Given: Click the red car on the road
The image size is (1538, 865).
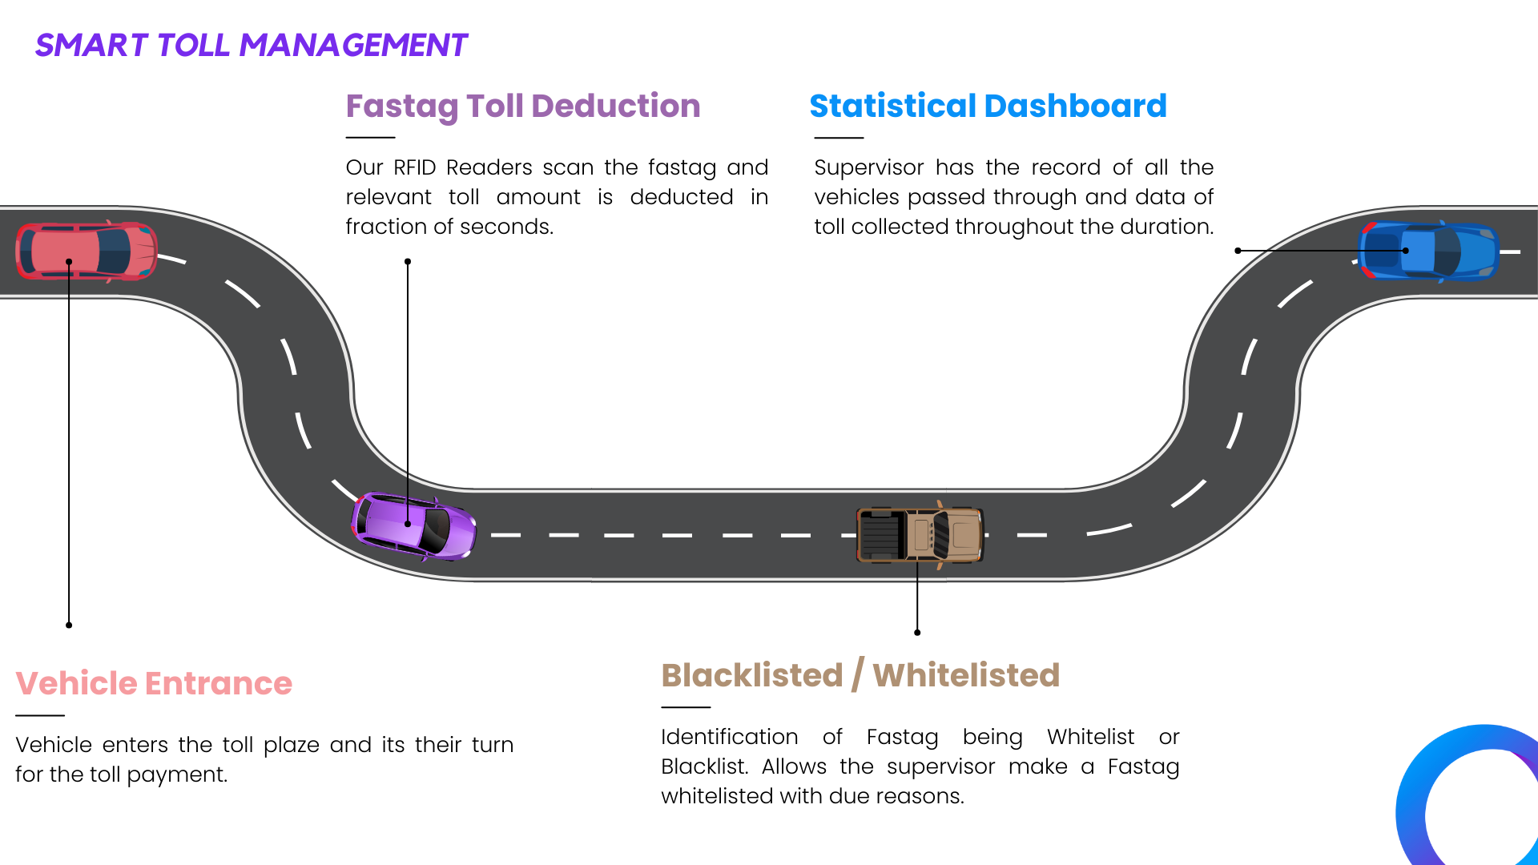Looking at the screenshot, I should pos(87,251).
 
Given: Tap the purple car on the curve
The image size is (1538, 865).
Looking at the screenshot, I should pos(414,526).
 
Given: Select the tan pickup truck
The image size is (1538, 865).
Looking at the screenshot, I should pos(920,534).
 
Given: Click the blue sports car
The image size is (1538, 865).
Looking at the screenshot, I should pos(1428,251).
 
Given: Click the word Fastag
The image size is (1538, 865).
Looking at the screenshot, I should pos(401,107).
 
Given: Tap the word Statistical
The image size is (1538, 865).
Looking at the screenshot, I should pos(892,107).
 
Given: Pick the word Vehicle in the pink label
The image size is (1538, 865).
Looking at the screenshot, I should pos(77,683).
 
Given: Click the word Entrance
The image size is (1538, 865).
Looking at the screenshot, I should pos(218,683).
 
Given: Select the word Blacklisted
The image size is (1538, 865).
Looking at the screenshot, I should pos(751,675).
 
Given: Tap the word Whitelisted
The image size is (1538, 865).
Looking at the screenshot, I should pos(965,675).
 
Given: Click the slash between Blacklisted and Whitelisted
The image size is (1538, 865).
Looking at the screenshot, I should pos(857,675).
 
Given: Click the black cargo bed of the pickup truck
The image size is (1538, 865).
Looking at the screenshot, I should pos(880,534).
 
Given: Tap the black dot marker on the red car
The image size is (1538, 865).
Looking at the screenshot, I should pos(69,262).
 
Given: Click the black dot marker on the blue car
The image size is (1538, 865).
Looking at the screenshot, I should pos(1405,251).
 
